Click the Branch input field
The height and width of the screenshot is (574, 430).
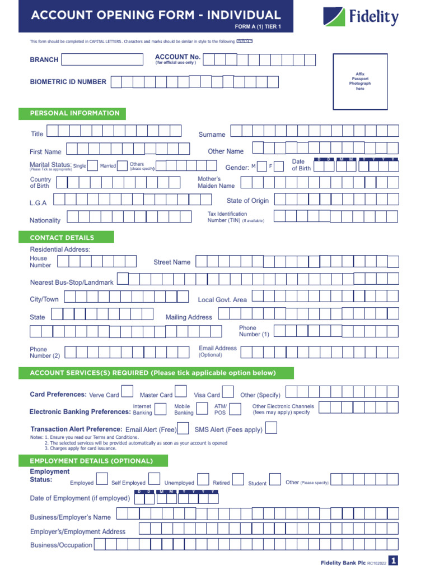(x=102, y=59)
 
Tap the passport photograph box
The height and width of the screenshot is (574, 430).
(x=360, y=81)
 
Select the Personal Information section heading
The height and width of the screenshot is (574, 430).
(x=72, y=113)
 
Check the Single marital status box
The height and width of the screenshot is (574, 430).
(x=93, y=166)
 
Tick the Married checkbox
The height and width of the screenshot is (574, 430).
(x=123, y=166)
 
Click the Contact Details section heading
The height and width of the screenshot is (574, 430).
(x=66, y=238)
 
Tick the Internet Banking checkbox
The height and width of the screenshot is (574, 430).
(x=160, y=410)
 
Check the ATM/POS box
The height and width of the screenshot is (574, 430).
(x=235, y=410)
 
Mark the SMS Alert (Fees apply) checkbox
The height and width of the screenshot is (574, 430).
(x=271, y=429)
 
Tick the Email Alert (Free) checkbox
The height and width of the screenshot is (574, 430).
(x=183, y=429)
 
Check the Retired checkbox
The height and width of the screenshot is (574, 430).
(x=238, y=479)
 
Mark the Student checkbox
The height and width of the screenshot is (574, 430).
(x=275, y=479)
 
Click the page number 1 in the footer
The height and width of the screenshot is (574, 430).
(x=394, y=561)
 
